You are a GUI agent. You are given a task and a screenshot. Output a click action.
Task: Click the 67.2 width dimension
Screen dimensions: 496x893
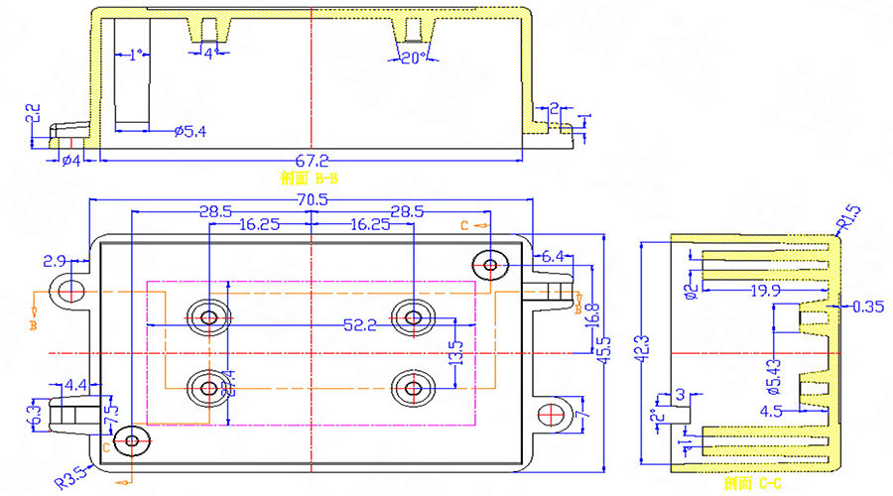311,159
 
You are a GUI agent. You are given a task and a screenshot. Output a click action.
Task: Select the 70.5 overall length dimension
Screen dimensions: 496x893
311,199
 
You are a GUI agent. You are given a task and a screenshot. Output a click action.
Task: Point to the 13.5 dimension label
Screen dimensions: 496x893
457,352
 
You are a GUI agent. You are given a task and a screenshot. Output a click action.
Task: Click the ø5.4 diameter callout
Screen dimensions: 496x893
189,131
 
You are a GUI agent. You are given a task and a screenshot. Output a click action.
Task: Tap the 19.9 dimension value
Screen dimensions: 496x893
764,291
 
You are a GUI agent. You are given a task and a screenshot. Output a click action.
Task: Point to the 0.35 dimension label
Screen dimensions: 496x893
866,308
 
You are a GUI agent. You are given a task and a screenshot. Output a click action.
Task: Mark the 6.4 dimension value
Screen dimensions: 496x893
552,256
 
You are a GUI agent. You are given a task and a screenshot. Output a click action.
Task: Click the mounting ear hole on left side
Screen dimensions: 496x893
70,291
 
